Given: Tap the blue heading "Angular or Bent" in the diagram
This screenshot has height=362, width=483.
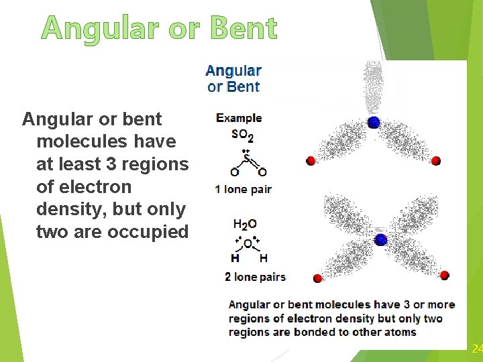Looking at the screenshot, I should pyautogui.click(x=233, y=78).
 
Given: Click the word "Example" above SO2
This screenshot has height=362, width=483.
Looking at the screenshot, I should pyautogui.click(x=239, y=118).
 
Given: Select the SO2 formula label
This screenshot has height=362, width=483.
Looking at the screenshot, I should pyautogui.click(x=242, y=135).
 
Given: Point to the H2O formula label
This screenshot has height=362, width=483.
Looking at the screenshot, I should pyautogui.click(x=245, y=225).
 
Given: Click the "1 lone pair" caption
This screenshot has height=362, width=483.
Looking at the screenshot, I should pyautogui.click(x=243, y=190).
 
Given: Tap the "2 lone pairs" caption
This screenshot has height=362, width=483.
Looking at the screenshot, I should pyautogui.click(x=255, y=277).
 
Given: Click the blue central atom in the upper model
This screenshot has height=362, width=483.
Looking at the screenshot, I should pyautogui.click(x=374, y=122).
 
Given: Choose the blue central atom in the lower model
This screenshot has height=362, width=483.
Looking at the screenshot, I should pyautogui.click(x=380, y=239).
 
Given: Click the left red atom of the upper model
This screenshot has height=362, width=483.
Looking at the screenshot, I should pyautogui.click(x=311, y=161).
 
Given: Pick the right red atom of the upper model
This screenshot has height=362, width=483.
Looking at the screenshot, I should pyautogui.click(x=436, y=161).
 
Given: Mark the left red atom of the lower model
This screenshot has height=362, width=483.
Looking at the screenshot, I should pyautogui.click(x=317, y=278).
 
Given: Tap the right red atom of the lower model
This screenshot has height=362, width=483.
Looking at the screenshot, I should pyautogui.click(x=444, y=275).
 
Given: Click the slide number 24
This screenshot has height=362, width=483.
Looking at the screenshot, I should pyautogui.click(x=477, y=349).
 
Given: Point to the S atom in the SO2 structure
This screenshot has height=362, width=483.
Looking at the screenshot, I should pyautogui.click(x=246, y=159).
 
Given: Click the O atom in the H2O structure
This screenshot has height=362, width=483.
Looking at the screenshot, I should pyautogui.click(x=248, y=243).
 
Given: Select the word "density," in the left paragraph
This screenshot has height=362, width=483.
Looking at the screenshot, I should pyautogui.click(x=66, y=209).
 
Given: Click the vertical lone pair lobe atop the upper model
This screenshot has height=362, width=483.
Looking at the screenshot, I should pyautogui.click(x=374, y=87).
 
